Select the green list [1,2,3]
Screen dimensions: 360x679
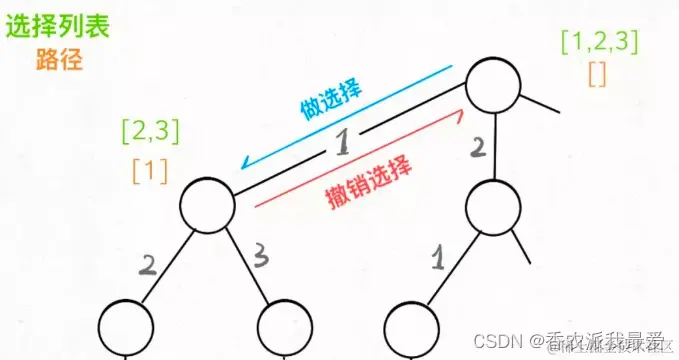point(600,42)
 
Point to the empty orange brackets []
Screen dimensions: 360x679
point(598,74)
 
